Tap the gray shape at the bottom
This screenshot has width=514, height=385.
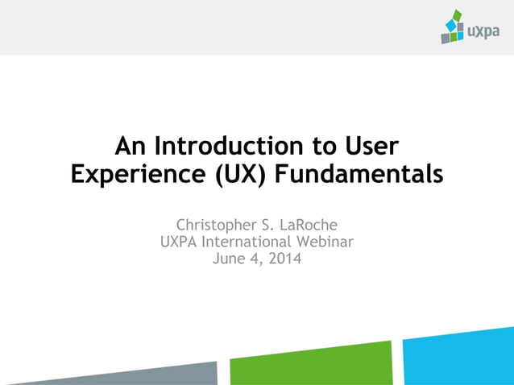coord(121,375)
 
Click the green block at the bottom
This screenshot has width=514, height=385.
coord(310,365)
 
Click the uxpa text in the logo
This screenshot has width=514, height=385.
coord(483,32)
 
